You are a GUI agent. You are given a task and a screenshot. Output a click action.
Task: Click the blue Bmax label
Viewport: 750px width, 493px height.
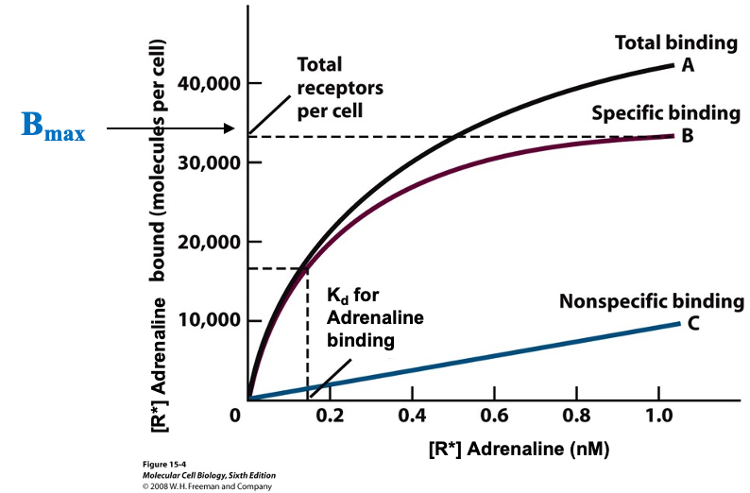(x=53, y=127)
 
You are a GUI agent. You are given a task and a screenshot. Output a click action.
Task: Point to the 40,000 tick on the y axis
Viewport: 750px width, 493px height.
(x=202, y=83)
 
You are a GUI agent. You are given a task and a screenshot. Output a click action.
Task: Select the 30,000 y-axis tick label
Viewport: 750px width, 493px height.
(x=202, y=162)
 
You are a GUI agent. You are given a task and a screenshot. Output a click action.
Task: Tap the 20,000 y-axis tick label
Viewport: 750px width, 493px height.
(x=202, y=242)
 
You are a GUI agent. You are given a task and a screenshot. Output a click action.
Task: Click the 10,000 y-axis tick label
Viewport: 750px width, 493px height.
(x=202, y=321)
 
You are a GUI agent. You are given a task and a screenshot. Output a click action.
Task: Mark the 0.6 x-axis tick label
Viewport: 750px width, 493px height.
(x=493, y=416)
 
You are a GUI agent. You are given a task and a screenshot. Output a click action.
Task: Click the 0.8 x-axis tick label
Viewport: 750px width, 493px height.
(x=575, y=416)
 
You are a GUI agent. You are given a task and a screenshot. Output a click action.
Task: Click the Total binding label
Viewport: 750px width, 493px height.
(x=675, y=42)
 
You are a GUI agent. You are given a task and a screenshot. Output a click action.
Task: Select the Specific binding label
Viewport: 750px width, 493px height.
(x=665, y=113)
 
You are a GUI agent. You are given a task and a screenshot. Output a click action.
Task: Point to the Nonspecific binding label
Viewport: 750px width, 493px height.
(x=652, y=302)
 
